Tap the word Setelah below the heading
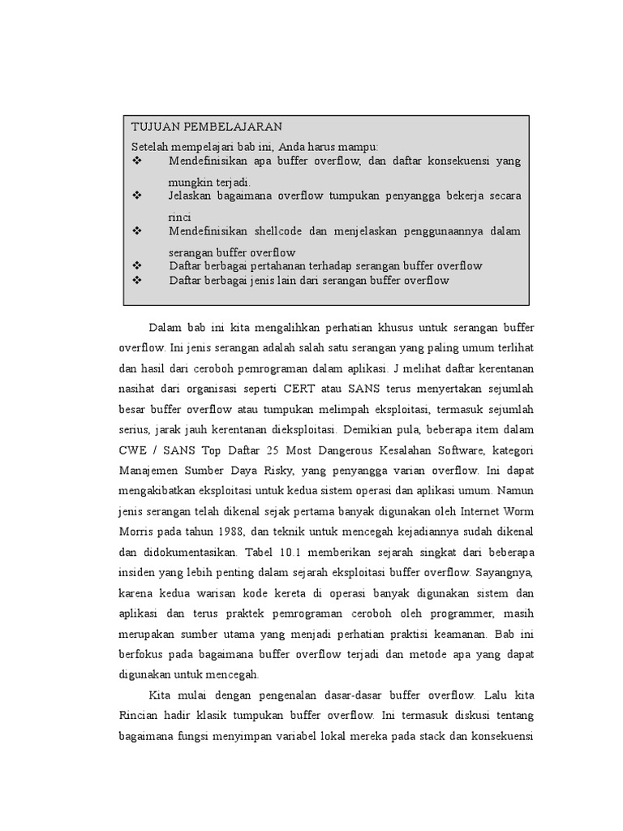[153, 146]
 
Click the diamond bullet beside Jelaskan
[136, 196]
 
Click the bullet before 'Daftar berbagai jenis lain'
[136, 280]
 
